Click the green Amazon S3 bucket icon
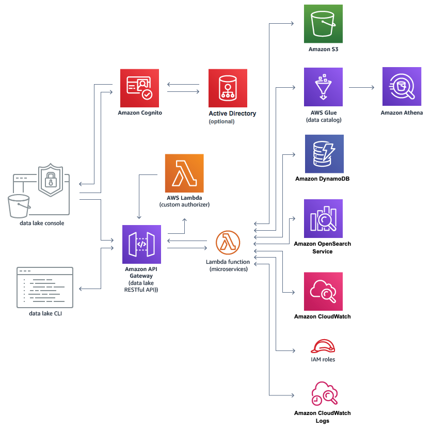(x=323, y=24)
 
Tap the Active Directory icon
(x=228, y=88)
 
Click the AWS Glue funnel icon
(x=323, y=87)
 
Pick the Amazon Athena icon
(x=402, y=86)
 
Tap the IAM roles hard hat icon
(x=323, y=346)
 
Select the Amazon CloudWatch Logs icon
(x=324, y=394)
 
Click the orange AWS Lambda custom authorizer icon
(x=184, y=173)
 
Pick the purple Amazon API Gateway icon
(x=141, y=244)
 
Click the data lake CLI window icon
(x=45, y=287)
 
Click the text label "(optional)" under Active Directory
(x=221, y=122)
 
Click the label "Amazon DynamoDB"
(x=323, y=179)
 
